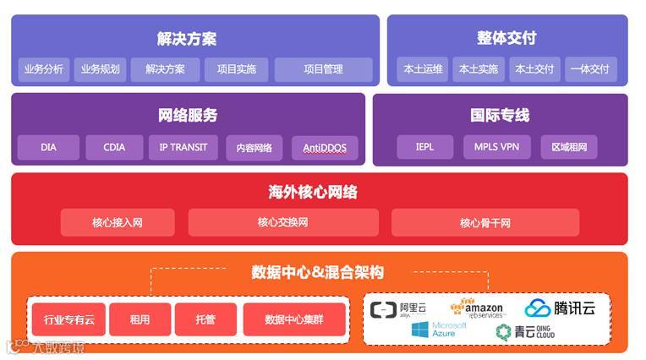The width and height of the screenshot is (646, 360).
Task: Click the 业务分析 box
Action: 44,69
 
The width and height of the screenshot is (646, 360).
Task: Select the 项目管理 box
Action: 323,69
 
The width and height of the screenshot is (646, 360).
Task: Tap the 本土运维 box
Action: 422,69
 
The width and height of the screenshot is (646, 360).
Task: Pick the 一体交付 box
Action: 589,69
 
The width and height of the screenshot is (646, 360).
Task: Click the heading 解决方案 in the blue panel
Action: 187,39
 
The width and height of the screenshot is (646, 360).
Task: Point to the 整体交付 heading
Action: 506,39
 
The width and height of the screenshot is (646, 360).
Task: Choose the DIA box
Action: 48,148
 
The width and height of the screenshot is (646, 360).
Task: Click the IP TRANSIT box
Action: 183,148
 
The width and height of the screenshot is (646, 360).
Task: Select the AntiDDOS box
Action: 325,149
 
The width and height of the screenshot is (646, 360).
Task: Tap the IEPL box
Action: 424,148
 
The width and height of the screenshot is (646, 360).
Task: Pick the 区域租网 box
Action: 568,148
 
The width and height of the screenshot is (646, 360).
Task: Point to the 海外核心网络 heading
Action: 313,193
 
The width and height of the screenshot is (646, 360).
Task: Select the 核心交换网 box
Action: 282,222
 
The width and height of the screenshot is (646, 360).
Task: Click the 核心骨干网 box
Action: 484,222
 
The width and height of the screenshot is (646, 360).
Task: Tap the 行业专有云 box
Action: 68,320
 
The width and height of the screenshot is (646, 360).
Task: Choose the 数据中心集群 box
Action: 293,320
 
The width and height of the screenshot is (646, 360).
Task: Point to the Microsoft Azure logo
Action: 439,330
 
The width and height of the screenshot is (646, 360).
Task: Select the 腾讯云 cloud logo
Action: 560,308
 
